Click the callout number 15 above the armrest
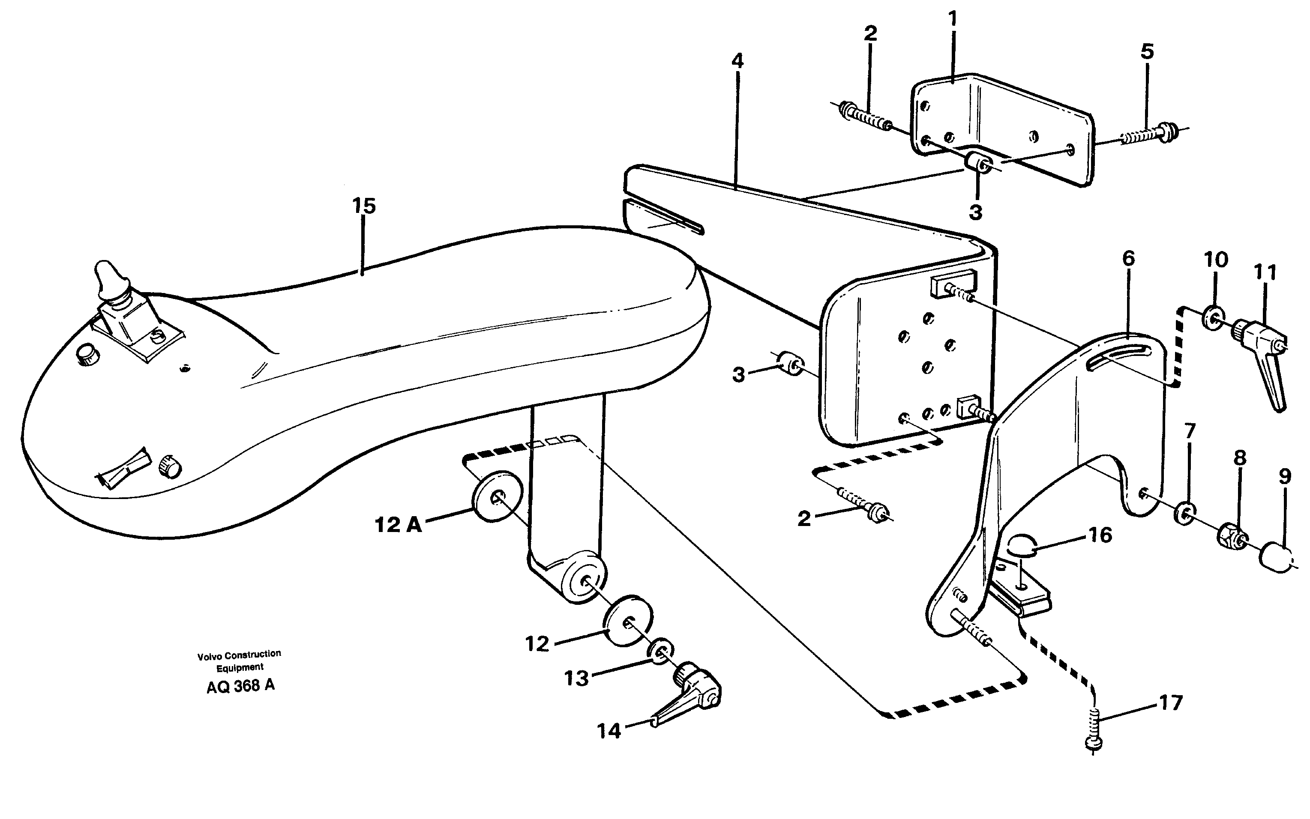coord(363,206)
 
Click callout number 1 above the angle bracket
coord(953,20)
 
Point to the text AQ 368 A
coord(240,686)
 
